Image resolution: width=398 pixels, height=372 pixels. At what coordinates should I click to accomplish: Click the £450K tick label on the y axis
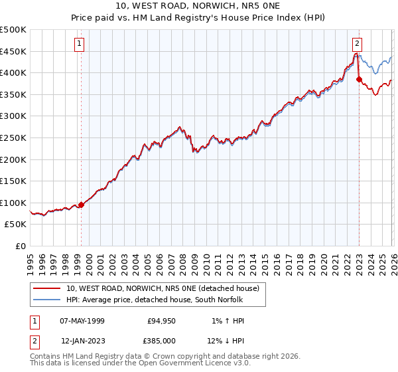tap(13, 51)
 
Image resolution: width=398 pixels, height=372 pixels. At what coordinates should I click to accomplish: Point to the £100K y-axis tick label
tap(13, 203)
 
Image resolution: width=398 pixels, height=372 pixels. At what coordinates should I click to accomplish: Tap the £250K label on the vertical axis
tap(13, 138)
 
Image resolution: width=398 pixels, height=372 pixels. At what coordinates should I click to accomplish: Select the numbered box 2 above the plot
tap(358, 44)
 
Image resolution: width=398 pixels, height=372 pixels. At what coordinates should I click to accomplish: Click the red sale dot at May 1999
tap(82, 205)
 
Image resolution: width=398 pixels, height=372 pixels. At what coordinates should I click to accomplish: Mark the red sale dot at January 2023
tap(359, 80)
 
